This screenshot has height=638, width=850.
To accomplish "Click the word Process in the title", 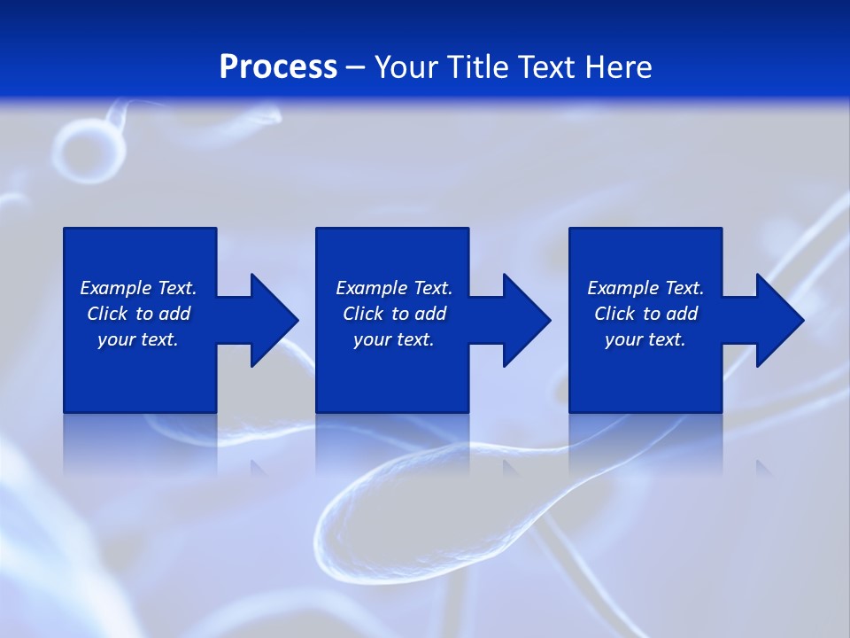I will click(278, 67).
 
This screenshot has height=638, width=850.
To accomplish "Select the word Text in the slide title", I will click(548, 67).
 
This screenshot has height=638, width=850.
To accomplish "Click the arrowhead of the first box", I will click(274, 320).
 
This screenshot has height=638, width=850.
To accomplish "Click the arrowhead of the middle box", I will click(527, 320).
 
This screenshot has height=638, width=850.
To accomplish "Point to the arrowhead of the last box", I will click(780, 320).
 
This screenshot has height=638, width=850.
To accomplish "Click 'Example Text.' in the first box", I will click(138, 288).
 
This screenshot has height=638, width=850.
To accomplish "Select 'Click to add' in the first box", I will click(138, 314).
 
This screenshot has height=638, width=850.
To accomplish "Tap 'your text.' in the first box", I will click(138, 339).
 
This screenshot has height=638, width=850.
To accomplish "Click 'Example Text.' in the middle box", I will click(394, 288).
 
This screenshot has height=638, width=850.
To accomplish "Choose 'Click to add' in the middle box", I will click(394, 314).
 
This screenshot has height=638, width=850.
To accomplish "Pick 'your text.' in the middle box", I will click(394, 339).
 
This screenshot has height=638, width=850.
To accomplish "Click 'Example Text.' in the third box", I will click(645, 288).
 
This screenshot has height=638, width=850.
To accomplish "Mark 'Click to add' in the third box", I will click(645, 314).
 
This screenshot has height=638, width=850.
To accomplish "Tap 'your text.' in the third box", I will click(645, 339).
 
